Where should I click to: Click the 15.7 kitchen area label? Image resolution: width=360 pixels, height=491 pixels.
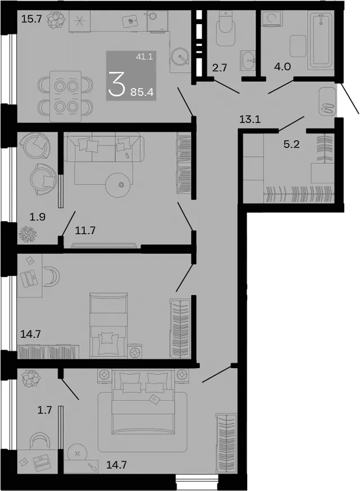(x=31, y=20)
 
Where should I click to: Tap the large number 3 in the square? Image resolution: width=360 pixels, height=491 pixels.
(x=117, y=84)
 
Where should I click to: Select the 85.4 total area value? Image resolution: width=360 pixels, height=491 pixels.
(x=142, y=92)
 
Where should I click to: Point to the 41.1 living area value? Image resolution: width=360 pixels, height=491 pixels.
(x=144, y=57)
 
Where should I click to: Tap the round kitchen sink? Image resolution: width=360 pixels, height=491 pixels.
(x=180, y=56)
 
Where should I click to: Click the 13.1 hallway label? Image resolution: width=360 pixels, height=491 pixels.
(x=250, y=120)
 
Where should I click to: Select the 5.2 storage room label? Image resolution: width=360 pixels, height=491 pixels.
(x=291, y=144)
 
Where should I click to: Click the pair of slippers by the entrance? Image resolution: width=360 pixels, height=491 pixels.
(x=327, y=108)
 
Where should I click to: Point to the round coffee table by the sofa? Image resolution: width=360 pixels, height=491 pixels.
(x=121, y=185)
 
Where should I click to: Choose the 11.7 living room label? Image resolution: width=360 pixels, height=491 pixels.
(x=85, y=231)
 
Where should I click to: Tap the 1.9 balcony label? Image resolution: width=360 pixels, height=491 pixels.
(x=38, y=217)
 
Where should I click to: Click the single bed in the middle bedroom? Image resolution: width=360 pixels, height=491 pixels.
(x=108, y=325)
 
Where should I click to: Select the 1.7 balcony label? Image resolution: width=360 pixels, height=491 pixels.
(x=44, y=410)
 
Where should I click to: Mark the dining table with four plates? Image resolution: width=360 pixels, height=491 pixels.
(x=66, y=96)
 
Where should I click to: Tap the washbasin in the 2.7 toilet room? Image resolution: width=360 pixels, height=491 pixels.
(x=248, y=60)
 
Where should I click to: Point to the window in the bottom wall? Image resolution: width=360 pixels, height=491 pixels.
(x=197, y=479)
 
